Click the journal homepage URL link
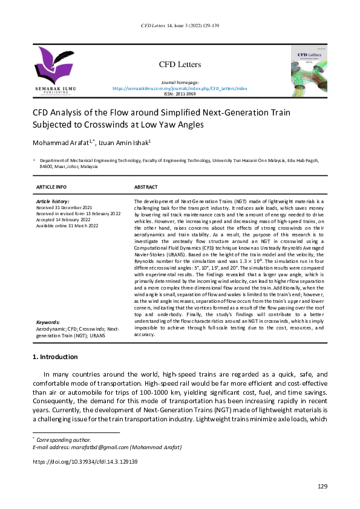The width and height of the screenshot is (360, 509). pos(180,88)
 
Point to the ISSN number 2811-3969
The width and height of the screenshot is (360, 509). pos(180,94)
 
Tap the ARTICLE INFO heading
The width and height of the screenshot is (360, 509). pos(51,187)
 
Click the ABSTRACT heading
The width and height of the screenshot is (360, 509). pos(146,187)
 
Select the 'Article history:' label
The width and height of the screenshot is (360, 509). pos(53,201)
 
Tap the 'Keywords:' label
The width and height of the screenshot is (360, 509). pos(47,323)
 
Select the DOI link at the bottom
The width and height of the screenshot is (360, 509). pos(85,461)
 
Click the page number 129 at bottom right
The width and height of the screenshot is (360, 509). pos(322,487)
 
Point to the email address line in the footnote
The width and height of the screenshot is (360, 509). pos(101,446)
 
